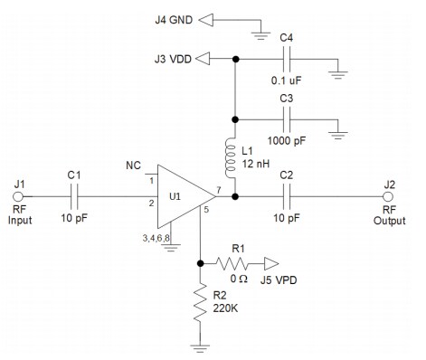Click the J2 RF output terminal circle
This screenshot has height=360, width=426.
pos(391,196)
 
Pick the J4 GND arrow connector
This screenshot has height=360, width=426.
pos(207,17)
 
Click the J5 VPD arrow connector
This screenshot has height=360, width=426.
pos(270,264)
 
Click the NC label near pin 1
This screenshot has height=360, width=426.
pos(132,167)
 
